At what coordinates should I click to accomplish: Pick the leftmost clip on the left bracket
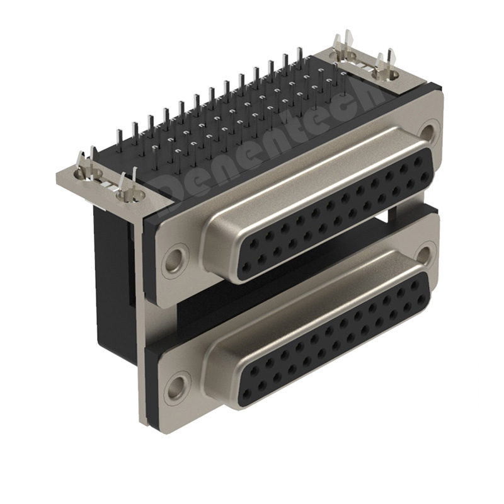coord(84,166)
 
